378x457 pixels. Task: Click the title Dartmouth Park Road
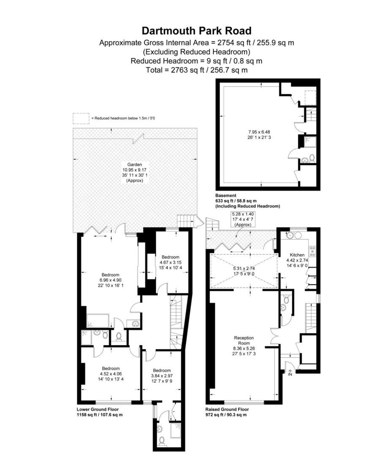pos(196,30)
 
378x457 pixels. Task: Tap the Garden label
pos(134,164)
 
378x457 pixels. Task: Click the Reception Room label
pos(244,340)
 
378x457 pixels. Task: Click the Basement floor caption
pos(226,195)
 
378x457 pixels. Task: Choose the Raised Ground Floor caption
pos(227,410)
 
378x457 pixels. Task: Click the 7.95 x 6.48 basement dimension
pos(259,132)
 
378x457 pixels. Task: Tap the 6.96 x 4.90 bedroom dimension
pos(110,280)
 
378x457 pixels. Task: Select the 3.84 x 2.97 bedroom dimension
pos(162,376)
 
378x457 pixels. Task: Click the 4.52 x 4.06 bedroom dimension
pos(111,374)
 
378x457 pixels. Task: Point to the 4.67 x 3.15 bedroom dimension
pos(171,262)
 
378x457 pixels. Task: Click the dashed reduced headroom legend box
pos(81,118)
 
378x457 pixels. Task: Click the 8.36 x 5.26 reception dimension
pos(244,348)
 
